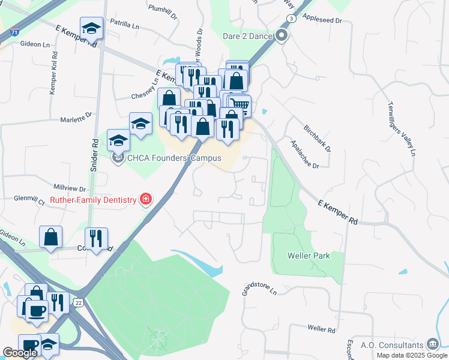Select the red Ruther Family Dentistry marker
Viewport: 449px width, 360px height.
point(145,199)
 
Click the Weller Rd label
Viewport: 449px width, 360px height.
point(321,329)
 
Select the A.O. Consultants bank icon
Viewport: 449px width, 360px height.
point(432,344)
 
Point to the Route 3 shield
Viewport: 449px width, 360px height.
point(292,19)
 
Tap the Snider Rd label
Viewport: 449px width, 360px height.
point(94,156)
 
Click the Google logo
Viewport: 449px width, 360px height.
point(20,353)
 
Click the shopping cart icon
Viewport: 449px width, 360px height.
point(240,106)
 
